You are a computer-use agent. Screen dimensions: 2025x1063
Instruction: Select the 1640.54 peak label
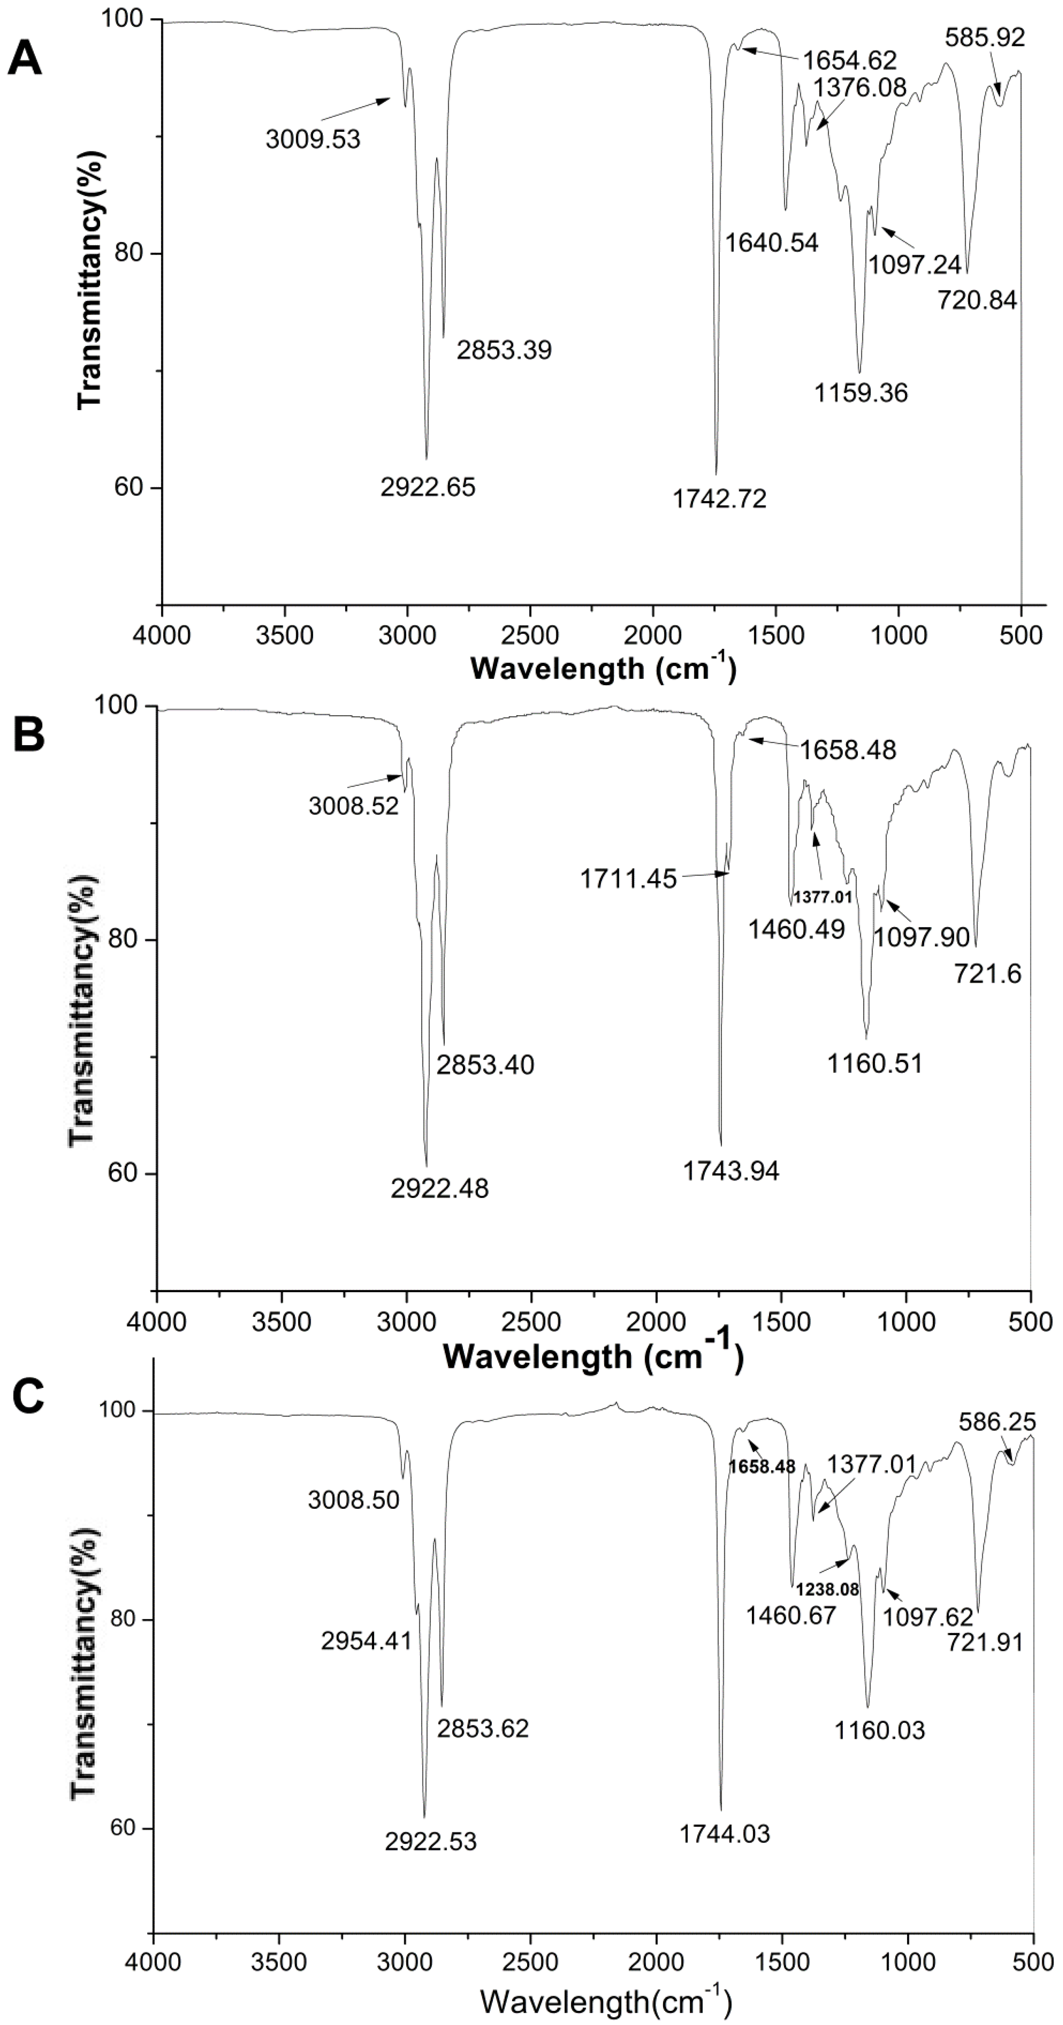click(x=771, y=242)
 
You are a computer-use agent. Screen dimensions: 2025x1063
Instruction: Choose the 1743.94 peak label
click(x=731, y=1170)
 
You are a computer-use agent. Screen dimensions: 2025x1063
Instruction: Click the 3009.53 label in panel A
click(x=313, y=140)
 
